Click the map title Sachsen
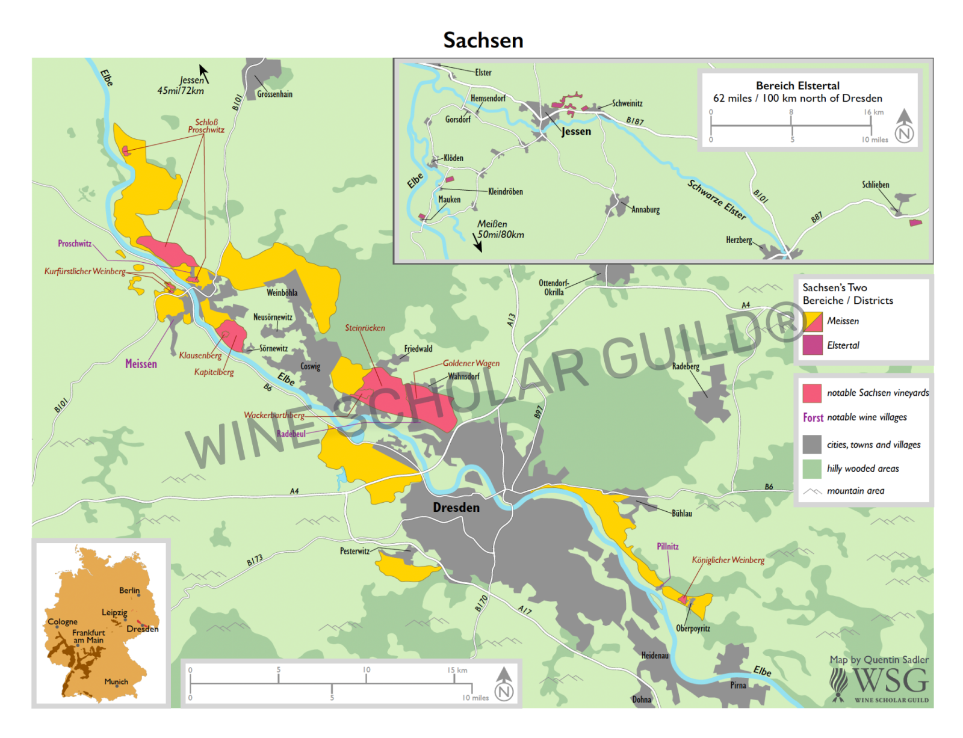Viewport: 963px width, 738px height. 483,40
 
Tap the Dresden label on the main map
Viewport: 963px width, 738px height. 456,508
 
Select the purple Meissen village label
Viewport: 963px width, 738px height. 141,364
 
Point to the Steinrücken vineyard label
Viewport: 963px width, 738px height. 365,328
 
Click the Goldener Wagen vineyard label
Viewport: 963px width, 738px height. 471,363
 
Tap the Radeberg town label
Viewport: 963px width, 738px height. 686,366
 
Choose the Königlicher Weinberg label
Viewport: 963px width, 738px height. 728,560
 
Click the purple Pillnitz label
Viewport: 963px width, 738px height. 667,546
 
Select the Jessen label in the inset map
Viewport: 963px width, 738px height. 576,131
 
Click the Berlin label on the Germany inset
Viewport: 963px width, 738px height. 129,591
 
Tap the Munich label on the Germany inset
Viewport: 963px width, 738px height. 116,681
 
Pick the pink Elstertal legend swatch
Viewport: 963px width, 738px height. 812,345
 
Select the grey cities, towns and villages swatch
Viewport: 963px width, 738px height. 812,444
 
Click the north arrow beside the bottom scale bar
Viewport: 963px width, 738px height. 504,684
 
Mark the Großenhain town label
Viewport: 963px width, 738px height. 274,94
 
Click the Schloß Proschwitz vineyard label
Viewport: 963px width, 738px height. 206,126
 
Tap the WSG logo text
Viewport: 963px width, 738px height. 890,680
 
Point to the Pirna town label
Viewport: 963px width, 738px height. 738,685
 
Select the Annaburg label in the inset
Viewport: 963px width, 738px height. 645,210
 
